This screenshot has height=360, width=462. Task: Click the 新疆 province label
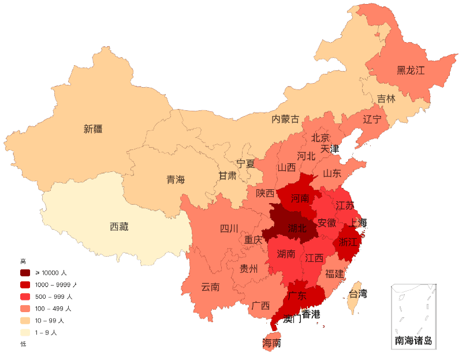click(x=93, y=129)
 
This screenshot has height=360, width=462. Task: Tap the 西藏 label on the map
click(x=119, y=227)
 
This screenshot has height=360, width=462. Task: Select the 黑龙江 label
click(x=411, y=71)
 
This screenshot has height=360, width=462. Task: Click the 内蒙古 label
click(x=286, y=119)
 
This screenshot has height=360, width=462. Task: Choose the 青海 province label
click(x=176, y=179)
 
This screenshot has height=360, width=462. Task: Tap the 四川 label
click(x=229, y=228)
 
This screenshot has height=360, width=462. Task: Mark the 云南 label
click(x=210, y=287)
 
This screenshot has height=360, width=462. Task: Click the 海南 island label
click(x=272, y=343)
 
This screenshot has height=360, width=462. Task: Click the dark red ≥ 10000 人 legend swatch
click(x=25, y=272)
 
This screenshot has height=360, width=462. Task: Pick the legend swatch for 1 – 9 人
click(x=25, y=332)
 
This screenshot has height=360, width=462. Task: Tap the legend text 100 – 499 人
click(x=54, y=308)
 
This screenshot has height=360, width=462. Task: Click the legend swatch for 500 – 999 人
click(x=25, y=297)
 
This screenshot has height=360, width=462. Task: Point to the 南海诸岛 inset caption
click(x=413, y=341)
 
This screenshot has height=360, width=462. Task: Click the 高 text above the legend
click(x=23, y=261)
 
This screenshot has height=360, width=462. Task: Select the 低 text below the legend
click(x=23, y=344)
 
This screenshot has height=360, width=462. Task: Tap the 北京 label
click(x=321, y=138)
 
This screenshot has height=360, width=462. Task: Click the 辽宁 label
click(x=372, y=119)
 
